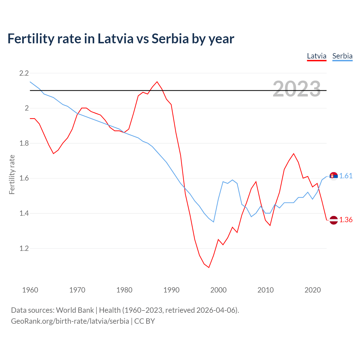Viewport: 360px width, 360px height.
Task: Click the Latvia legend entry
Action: (316, 56)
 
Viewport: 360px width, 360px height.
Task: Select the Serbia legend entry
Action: (342, 56)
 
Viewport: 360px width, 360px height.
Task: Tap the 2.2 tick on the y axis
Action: (24, 73)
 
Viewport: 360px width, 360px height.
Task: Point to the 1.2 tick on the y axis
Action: (24, 248)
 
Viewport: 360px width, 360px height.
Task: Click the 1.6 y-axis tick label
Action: (24, 178)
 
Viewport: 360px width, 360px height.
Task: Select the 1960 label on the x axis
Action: (30, 290)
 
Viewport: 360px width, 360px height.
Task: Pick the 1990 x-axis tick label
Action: (171, 290)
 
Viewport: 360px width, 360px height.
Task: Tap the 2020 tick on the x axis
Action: (312, 290)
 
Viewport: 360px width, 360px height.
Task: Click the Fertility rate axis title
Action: (12, 174)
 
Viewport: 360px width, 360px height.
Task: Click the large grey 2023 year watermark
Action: (297, 89)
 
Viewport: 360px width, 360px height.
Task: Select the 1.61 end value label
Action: (346, 176)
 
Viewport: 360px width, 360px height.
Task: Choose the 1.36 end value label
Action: (346, 220)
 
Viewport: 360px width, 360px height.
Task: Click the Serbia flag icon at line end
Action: (334, 176)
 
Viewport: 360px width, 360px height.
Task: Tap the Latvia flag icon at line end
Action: (334, 220)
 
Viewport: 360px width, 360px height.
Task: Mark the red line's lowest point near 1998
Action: (209, 267)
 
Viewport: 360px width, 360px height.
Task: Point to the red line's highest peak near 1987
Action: (157, 82)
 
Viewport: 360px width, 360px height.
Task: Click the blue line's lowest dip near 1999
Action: (213, 222)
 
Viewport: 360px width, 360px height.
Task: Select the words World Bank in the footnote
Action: (75, 310)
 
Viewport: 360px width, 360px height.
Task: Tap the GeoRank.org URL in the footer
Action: (70, 321)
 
